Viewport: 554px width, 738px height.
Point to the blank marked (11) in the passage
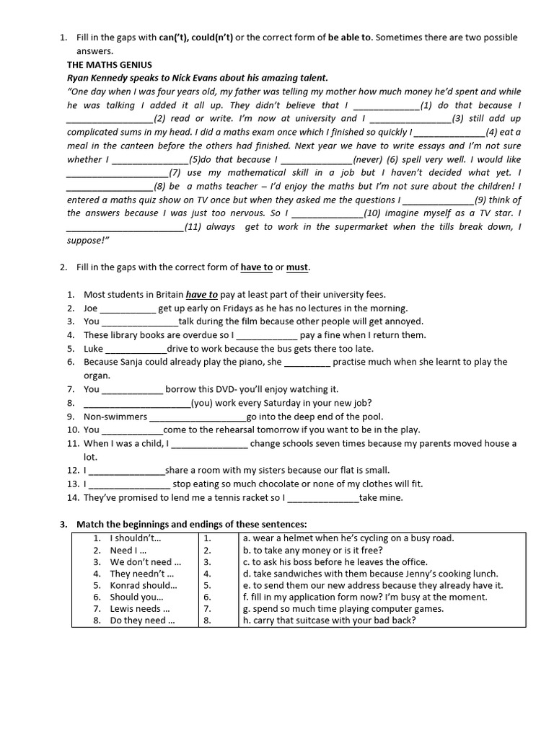coord(125,227)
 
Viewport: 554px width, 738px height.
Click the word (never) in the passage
coord(368,159)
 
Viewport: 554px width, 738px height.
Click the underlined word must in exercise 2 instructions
coord(297,267)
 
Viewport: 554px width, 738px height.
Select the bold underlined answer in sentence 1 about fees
coord(202,294)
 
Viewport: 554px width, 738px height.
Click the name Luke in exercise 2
coord(94,348)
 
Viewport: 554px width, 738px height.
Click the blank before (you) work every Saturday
coord(137,404)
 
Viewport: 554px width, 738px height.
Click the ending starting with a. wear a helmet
coord(348,538)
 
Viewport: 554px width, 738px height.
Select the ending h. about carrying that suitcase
coord(329,621)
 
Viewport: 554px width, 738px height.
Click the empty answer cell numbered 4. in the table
coord(216,574)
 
